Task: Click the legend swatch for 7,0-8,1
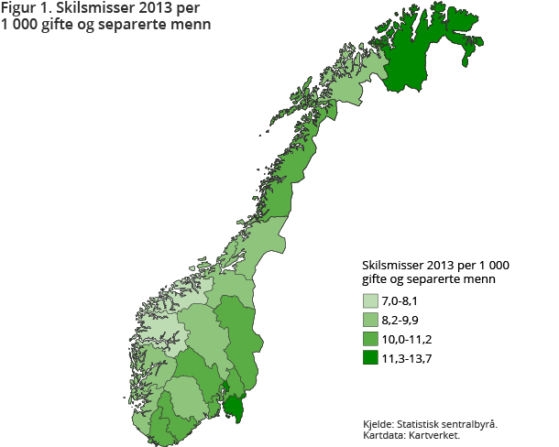[x=371, y=300]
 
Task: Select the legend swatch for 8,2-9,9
[x=371, y=320]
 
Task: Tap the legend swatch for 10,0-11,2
[x=371, y=339]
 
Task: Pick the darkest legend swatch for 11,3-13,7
[x=371, y=358]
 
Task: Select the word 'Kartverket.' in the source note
[x=436, y=435]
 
